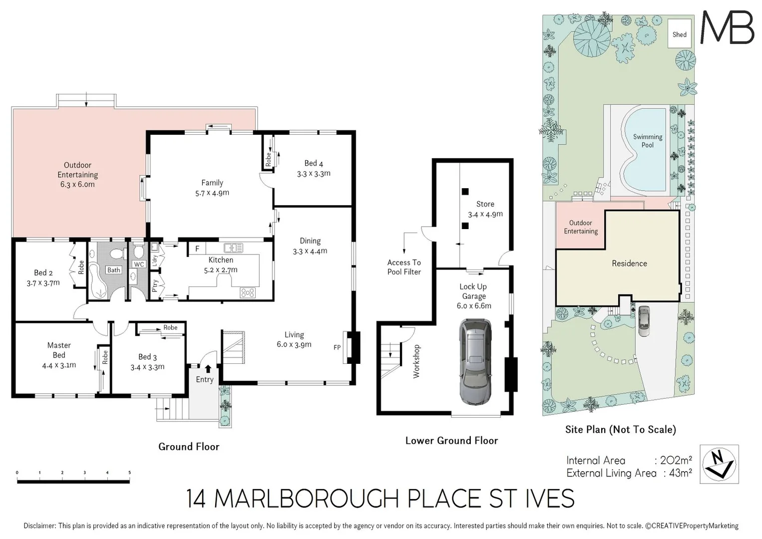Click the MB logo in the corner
pyautogui.click(x=727, y=27)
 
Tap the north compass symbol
pyautogui.click(x=719, y=464)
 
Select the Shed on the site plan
pyautogui.click(x=680, y=34)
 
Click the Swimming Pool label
pyautogui.click(x=647, y=141)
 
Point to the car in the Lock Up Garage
pyautogui.click(x=475, y=361)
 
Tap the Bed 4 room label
pyautogui.click(x=314, y=163)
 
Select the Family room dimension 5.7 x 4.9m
pyautogui.click(x=212, y=193)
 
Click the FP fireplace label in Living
pyautogui.click(x=337, y=347)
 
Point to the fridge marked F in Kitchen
pyautogui.click(x=197, y=249)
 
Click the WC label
pyautogui.click(x=139, y=265)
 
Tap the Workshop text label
pyautogui.click(x=416, y=361)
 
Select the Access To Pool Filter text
pyautogui.click(x=404, y=267)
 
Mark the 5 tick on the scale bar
pyautogui.click(x=129, y=472)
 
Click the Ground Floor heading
pyautogui.click(x=189, y=447)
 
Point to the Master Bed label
pyautogui.click(x=59, y=350)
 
